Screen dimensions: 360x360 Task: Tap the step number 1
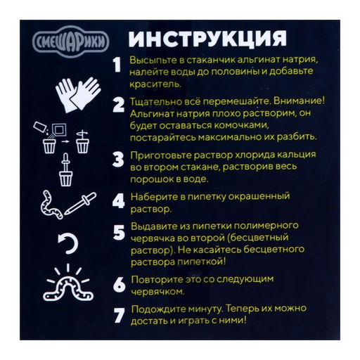point(118,65)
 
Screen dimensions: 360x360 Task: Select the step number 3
point(118,161)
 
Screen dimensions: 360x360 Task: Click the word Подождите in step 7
point(159,309)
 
